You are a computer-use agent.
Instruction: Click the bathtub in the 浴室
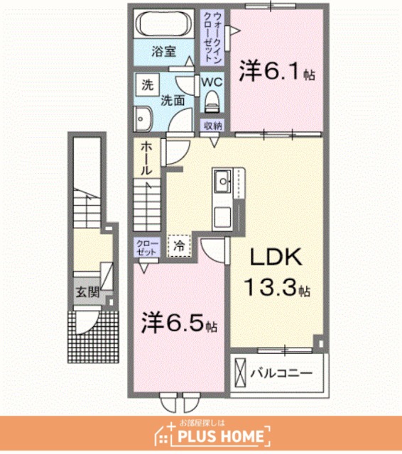(x=164, y=23)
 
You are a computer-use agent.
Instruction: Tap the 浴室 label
(x=164, y=52)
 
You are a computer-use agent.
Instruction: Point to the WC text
(x=212, y=82)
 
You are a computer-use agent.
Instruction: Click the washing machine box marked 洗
(x=148, y=85)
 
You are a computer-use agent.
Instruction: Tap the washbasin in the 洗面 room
(x=143, y=118)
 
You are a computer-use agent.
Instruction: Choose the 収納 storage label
(x=213, y=126)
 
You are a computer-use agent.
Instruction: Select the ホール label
(x=146, y=158)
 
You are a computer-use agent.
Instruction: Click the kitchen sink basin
(x=222, y=182)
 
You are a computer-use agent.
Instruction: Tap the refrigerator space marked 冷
(x=180, y=246)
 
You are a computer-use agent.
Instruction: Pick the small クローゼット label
(x=147, y=248)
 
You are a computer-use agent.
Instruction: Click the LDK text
(x=276, y=258)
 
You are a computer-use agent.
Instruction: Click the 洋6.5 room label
(x=179, y=321)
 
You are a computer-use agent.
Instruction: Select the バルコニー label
(x=281, y=374)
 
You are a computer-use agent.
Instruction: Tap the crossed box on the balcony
(x=240, y=372)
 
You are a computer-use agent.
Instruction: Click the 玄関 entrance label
(x=88, y=292)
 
